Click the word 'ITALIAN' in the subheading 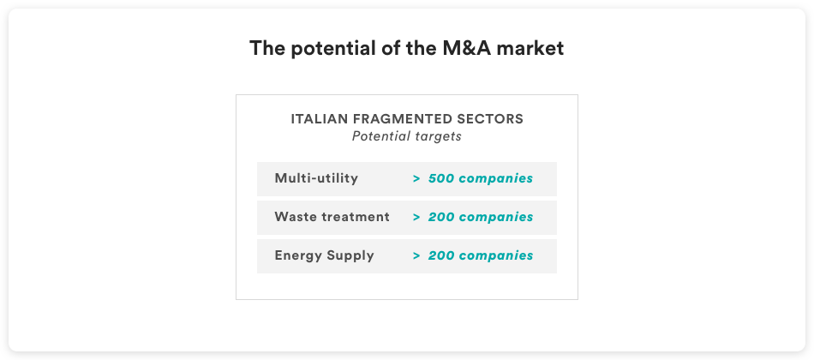[320, 119]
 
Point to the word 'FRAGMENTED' [395, 119]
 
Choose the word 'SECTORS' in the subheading [482, 119]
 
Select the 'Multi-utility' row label [316, 178]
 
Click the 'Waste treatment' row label [332, 217]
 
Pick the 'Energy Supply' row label [324, 255]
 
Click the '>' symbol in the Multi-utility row [416, 178]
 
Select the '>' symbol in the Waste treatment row [416, 217]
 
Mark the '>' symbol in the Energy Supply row [416, 256]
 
